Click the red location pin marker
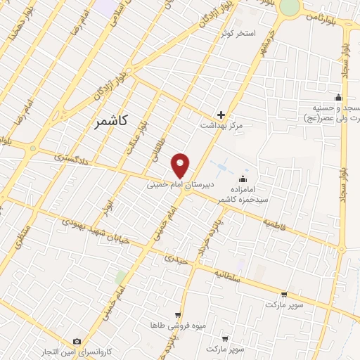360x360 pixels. pyautogui.click(x=181, y=165)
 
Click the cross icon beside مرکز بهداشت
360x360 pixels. pyautogui.click(x=221, y=115)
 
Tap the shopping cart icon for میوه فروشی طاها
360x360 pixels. pyautogui.click(x=178, y=316)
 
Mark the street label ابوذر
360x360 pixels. pyautogui.click(x=107, y=205)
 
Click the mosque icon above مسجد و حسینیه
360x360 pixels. pyautogui.click(x=339, y=97)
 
